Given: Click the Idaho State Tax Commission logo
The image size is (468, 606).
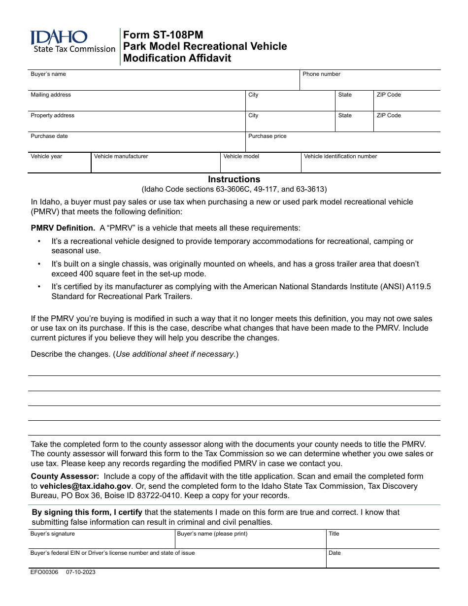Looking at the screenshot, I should click(72, 41).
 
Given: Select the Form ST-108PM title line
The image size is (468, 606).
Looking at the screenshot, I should click(163, 34).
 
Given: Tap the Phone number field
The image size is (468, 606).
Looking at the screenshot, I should click(369, 82).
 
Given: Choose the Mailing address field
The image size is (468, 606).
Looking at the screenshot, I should click(136, 102).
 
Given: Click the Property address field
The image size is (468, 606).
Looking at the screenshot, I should click(136, 123).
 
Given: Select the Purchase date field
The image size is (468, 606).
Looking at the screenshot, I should click(136, 144).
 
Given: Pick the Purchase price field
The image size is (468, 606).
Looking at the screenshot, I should click(342, 144).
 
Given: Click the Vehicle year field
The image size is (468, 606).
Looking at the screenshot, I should click(59, 165).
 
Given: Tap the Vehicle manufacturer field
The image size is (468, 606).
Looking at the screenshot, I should click(155, 165).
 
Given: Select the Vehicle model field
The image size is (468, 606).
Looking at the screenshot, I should click(260, 165).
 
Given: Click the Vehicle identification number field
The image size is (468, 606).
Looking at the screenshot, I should click(370, 165).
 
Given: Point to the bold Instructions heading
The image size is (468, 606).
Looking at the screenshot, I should click(234, 179).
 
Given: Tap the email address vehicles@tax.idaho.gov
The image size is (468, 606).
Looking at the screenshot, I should click(78, 486).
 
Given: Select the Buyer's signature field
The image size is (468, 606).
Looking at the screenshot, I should click(101, 541).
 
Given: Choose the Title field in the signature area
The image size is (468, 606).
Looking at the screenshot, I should click(382, 541).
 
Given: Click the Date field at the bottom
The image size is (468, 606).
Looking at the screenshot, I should click(382, 560).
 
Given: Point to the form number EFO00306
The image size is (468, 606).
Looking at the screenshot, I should click(44, 572).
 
